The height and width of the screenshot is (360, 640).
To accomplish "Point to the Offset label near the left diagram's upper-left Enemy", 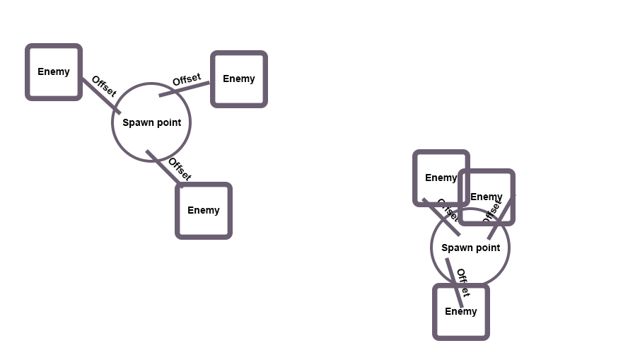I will (x=103, y=86).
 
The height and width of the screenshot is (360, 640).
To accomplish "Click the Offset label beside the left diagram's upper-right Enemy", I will (x=187, y=79).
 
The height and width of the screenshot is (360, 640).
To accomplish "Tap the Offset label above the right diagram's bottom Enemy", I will (x=462, y=281).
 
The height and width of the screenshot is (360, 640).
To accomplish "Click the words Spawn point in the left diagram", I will (x=151, y=122).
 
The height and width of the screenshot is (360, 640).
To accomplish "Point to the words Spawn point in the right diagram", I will (x=470, y=248).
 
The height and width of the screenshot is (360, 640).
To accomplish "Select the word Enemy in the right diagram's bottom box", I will (x=461, y=311).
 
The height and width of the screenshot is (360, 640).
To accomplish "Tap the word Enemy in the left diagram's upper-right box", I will (x=239, y=79).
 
